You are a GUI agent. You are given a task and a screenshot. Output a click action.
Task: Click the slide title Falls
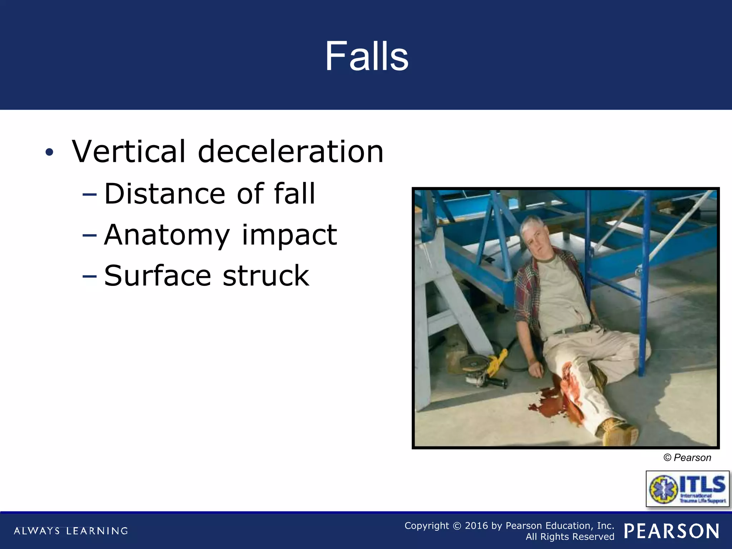pyautogui.click(x=366, y=56)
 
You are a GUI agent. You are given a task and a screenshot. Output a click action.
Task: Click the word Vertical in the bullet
pyautogui.click(x=129, y=152)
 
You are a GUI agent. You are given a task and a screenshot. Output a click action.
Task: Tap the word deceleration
pyautogui.click(x=291, y=152)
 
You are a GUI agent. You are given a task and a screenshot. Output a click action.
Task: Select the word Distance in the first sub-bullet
pyautogui.click(x=164, y=194)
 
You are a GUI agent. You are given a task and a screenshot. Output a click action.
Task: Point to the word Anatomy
pyautogui.click(x=167, y=235)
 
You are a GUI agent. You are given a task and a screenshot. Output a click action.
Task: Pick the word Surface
pyautogui.click(x=157, y=276)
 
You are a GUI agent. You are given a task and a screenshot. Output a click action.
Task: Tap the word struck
pyautogui.click(x=266, y=276)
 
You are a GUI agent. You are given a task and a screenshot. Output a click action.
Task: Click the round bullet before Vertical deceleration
pyautogui.click(x=49, y=153)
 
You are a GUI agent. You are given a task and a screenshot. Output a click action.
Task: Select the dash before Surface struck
pyautogui.click(x=89, y=276)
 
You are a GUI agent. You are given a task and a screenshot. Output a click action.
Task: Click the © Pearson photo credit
pyautogui.click(x=687, y=458)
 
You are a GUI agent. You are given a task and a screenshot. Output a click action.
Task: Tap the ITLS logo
pyautogui.click(x=687, y=489)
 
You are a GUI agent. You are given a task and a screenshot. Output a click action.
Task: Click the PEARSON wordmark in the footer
pyautogui.click(x=672, y=531)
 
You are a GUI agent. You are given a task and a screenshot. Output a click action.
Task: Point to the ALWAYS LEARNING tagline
pyautogui.click(x=71, y=531)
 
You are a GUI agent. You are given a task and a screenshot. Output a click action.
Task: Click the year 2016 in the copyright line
pyautogui.click(x=476, y=526)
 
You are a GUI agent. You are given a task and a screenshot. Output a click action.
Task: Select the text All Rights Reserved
pyautogui.click(x=570, y=537)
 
